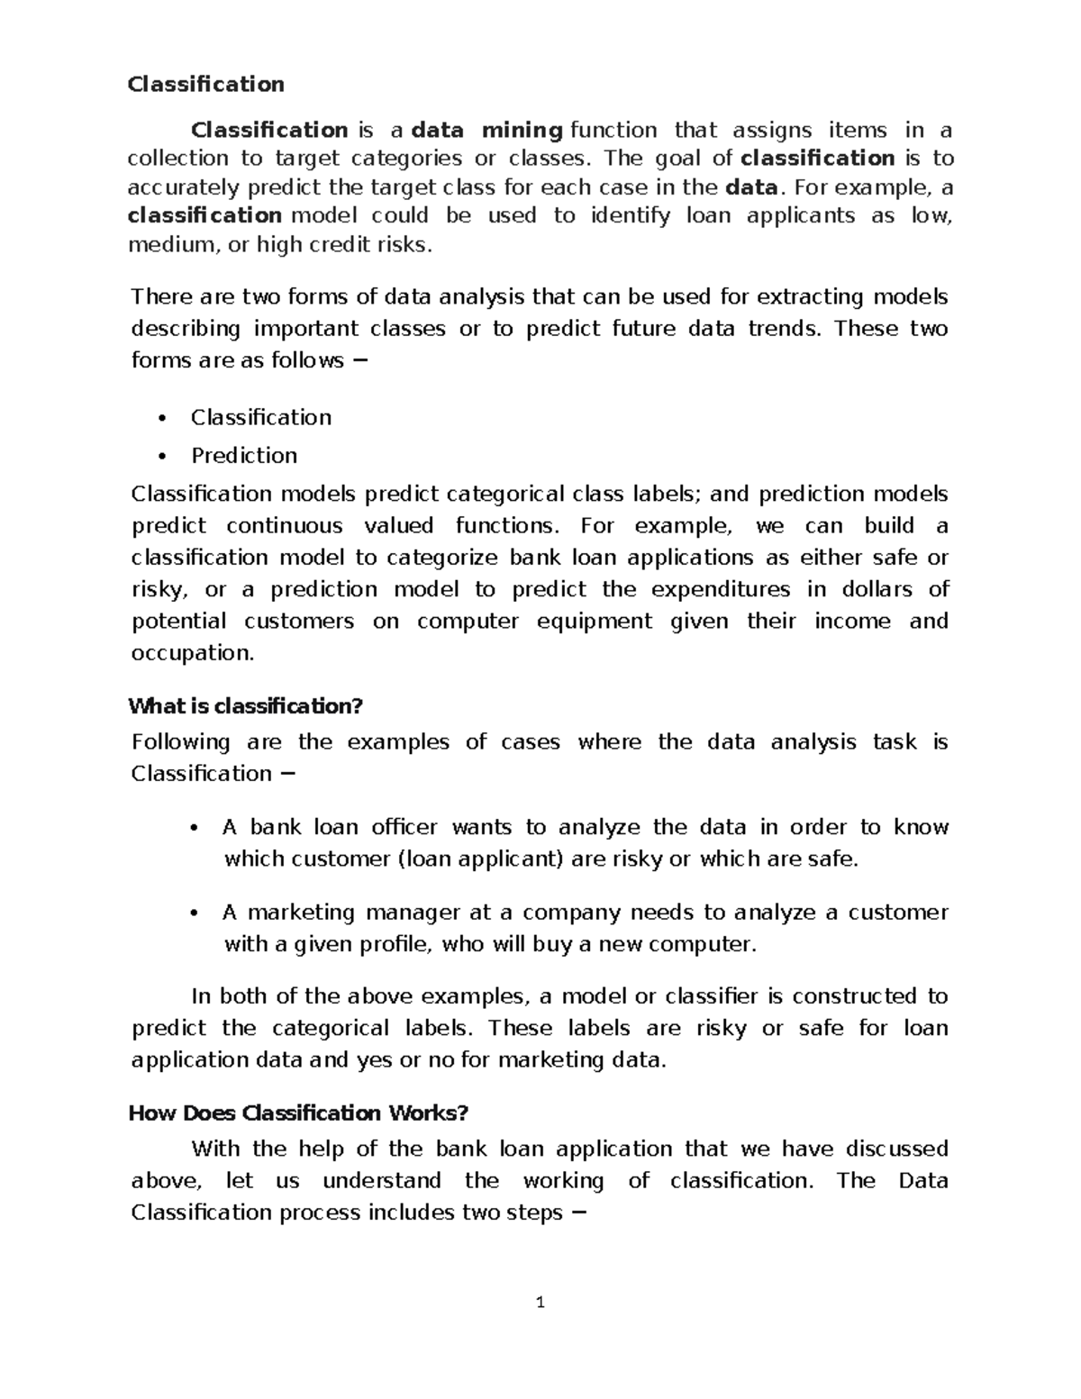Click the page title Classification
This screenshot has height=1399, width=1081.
click(205, 85)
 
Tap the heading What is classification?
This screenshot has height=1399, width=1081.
click(245, 706)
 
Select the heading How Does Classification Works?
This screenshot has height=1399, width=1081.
click(298, 1113)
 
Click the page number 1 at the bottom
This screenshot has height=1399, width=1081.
click(540, 1303)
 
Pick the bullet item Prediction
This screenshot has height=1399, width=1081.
click(243, 456)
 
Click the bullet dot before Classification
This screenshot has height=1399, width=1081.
click(162, 418)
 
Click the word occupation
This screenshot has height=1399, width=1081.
click(193, 653)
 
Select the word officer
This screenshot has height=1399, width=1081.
click(404, 827)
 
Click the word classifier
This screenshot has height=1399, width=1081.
click(712, 996)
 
